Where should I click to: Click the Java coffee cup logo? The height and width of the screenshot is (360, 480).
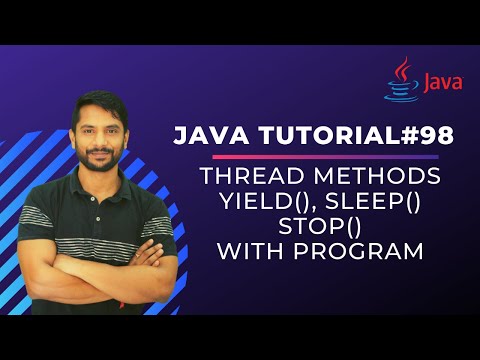coord(402,80)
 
